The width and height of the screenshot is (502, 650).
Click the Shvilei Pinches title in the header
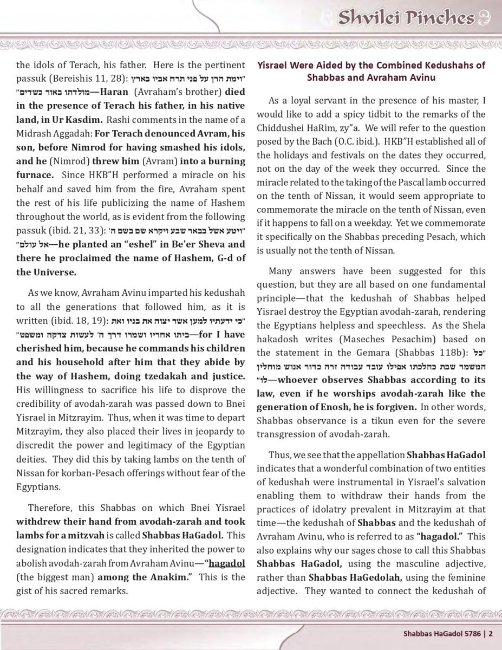(407, 17)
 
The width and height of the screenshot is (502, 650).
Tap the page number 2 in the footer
(491, 633)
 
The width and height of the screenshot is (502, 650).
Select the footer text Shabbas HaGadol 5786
(444, 633)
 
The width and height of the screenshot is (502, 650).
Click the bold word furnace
(35, 175)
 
